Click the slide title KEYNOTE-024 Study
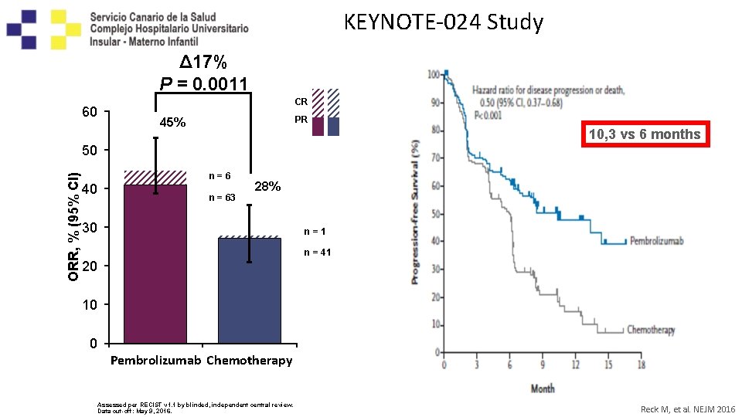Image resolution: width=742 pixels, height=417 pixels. pos(443,22)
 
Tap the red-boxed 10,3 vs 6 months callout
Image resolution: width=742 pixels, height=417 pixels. pos(644,134)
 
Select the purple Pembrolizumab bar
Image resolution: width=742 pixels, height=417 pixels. pos(155,263)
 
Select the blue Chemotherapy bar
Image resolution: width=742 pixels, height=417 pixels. pos(249,290)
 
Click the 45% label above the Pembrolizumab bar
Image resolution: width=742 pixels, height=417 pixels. pos(172,123)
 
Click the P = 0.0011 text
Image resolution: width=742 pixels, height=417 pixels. pos(203,83)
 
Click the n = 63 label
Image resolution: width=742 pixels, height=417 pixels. pos(222,198)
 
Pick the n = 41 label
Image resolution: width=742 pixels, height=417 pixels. pos(317,252)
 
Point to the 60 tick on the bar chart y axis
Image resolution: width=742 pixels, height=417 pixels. pos(89,113)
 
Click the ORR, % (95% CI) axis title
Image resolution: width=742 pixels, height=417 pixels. pos(73,219)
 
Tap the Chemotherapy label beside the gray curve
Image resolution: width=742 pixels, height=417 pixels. pos(650,330)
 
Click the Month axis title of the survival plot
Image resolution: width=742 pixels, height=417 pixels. pos(542,388)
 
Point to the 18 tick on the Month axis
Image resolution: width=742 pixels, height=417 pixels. pos(641,365)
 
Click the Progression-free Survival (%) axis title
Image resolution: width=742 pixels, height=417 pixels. pos(416,211)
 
